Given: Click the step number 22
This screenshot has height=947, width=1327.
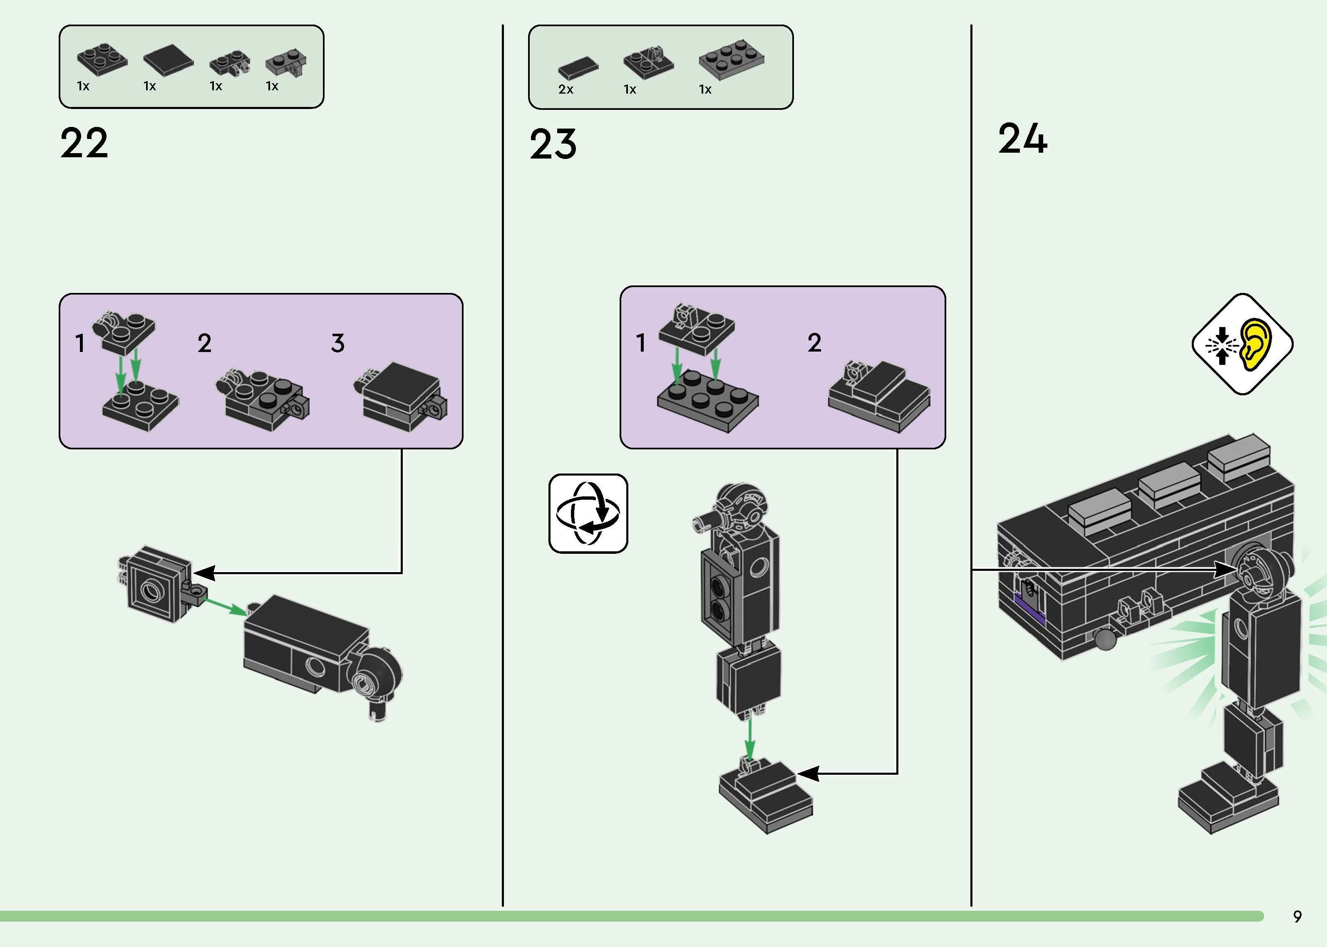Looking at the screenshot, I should pyautogui.click(x=84, y=144).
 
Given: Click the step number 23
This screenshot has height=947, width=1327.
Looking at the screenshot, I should pyautogui.click(x=553, y=145).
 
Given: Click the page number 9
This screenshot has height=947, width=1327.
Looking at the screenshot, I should pyautogui.click(x=1297, y=916).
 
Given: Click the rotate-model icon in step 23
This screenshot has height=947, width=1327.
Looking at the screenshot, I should pyautogui.click(x=588, y=513).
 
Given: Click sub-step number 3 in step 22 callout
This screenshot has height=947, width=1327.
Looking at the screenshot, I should pyautogui.click(x=337, y=343).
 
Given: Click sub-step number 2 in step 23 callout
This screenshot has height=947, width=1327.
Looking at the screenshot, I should pyautogui.click(x=814, y=342).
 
